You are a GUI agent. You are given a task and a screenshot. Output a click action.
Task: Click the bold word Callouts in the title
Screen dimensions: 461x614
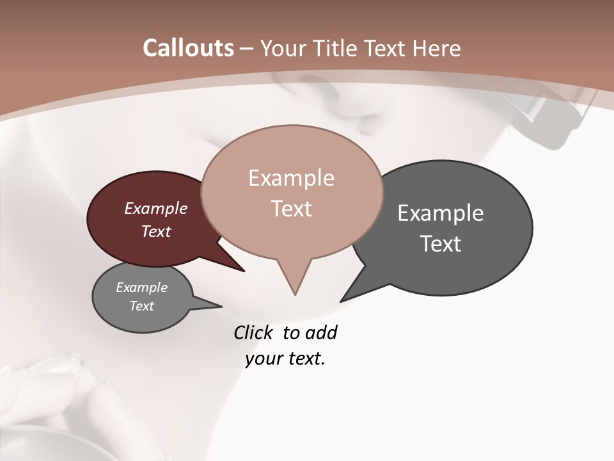(x=188, y=48)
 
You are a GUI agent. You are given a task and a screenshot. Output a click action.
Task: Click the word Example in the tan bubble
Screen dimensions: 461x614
(x=291, y=178)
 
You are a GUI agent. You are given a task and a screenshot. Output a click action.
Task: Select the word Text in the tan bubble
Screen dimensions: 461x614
(x=291, y=209)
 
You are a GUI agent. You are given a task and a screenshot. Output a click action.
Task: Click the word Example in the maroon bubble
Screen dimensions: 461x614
(x=156, y=208)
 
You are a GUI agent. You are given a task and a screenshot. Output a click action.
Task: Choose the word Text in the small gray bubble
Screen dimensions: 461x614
(x=142, y=306)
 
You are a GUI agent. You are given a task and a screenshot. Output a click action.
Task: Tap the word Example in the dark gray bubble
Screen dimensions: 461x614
(x=441, y=213)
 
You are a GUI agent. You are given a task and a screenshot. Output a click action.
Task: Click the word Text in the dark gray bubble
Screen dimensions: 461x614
(x=441, y=244)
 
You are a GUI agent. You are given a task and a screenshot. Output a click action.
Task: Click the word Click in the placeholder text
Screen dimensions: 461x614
(x=254, y=332)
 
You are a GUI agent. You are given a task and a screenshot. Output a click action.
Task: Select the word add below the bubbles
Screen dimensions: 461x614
(x=321, y=332)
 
